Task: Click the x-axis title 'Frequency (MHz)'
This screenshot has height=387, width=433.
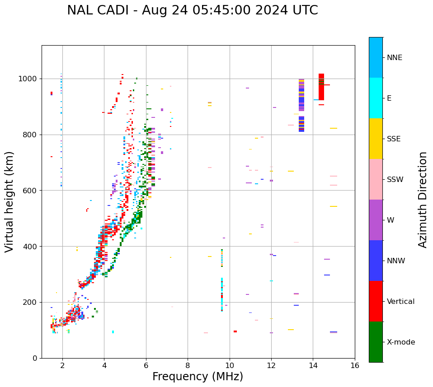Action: (x=198, y=377)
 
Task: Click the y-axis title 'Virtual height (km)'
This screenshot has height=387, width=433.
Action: (x=9, y=201)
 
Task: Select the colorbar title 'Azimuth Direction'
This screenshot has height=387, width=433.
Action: (x=423, y=199)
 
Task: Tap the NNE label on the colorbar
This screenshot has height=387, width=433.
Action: (x=394, y=58)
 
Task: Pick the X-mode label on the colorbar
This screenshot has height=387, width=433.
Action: (x=400, y=342)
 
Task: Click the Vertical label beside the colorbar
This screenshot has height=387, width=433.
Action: (x=400, y=302)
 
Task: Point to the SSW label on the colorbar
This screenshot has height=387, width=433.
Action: (x=395, y=180)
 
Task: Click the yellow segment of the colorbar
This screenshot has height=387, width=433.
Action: (x=376, y=139)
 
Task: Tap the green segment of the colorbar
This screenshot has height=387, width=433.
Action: (x=376, y=342)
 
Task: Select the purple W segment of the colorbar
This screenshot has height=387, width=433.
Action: (x=376, y=220)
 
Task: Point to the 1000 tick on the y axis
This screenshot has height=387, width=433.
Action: (x=28, y=79)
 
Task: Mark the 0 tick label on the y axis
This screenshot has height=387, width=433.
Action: (x=35, y=358)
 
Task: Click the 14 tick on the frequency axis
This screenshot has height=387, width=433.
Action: (x=313, y=365)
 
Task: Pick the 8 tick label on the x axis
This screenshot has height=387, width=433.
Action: (x=188, y=365)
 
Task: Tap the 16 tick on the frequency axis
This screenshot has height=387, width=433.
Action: (x=355, y=365)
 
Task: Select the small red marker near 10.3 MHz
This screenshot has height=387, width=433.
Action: (x=235, y=331)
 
